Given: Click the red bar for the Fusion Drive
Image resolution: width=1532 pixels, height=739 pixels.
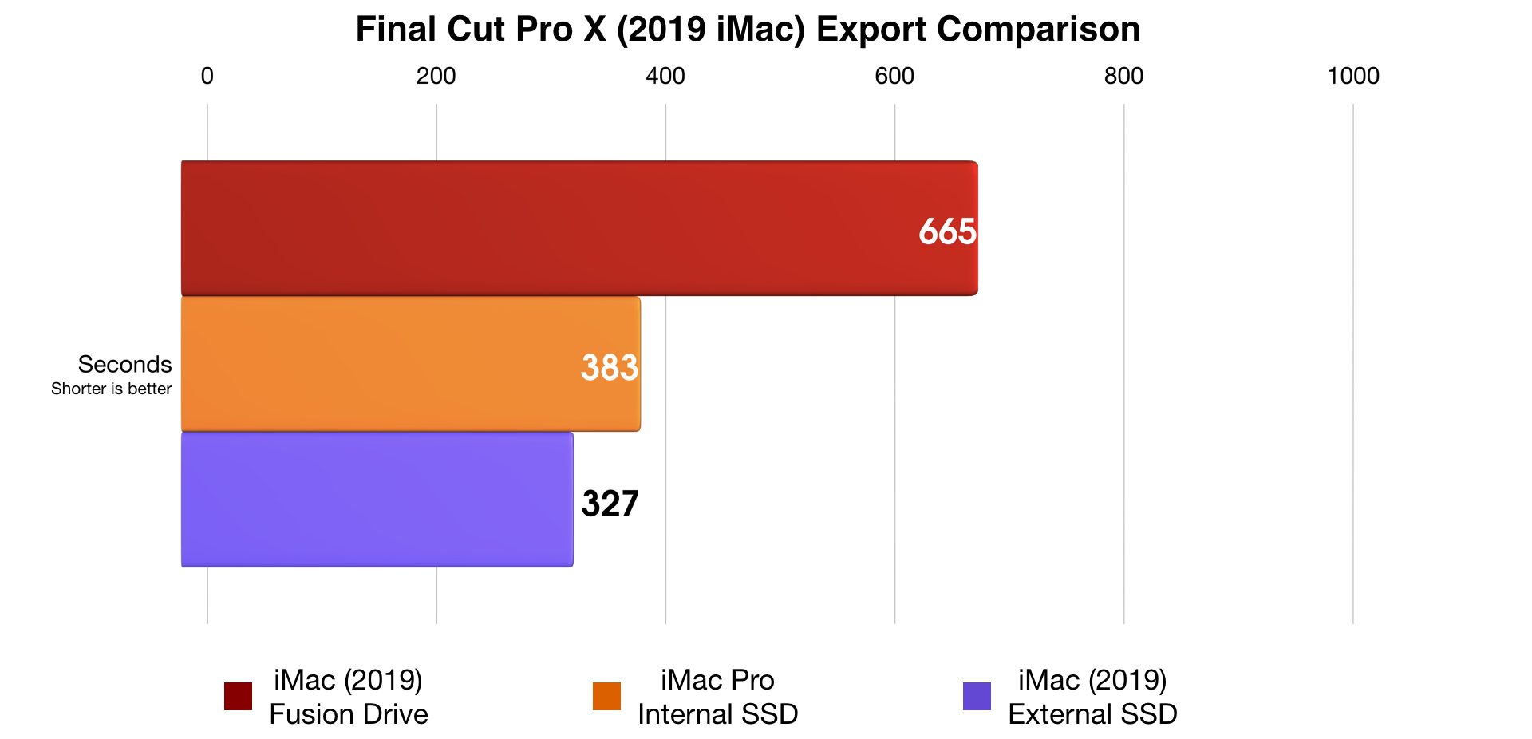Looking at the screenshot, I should tap(559, 228).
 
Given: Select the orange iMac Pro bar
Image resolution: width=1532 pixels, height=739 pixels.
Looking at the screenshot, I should tap(399, 364).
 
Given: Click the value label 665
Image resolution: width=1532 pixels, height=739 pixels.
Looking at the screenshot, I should tap(947, 231).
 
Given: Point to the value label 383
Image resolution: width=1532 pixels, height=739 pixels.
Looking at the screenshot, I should tap(610, 367).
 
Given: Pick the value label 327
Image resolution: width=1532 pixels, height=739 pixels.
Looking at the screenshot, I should tap(610, 504).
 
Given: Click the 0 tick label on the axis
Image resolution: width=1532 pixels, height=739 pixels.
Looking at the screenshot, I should tap(207, 76).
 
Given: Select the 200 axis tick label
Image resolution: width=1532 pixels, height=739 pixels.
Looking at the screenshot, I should tap(436, 76).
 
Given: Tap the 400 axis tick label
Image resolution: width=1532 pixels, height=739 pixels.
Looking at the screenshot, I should tap(665, 76).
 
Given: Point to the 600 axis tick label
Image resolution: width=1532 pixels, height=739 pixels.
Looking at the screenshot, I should tap(894, 76).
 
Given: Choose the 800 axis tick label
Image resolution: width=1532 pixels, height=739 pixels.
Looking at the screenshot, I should tap(1123, 76).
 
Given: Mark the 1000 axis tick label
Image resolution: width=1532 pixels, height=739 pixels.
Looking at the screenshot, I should tap(1353, 76).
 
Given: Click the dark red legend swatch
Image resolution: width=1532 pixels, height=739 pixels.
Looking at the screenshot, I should tap(238, 696).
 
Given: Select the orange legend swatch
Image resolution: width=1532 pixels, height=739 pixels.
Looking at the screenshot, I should tap(606, 696).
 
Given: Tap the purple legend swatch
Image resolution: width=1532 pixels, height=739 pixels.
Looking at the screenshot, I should tap(977, 696).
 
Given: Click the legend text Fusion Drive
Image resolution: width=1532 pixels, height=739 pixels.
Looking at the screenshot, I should tap(349, 713).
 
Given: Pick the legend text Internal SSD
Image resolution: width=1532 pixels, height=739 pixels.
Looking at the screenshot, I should tap(717, 713).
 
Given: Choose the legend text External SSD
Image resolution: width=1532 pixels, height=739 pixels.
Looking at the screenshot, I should tap(1092, 713).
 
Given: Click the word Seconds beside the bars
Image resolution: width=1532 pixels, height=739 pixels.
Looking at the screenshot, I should tap(124, 364).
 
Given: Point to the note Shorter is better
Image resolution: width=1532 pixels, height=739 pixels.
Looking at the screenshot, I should tap(112, 389).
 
